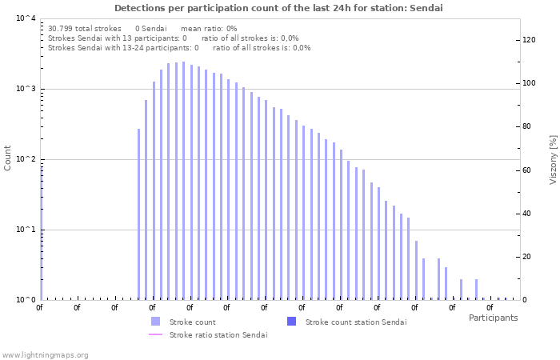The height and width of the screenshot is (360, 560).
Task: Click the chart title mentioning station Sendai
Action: (x=278, y=8)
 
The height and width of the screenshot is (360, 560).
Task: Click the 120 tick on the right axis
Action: (x=529, y=40)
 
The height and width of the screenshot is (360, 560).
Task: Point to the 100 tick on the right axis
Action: (x=529, y=83)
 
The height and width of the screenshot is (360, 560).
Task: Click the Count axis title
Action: (x=8, y=158)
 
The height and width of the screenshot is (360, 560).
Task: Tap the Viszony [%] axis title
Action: (x=552, y=159)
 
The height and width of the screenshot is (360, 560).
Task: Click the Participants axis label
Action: (x=493, y=318)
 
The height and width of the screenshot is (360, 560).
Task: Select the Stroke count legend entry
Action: (x=193, y=322)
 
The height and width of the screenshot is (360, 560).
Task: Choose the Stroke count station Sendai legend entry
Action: (x=356, y=322)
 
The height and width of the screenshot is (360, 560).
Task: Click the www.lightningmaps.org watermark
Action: (x=45, y=354)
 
